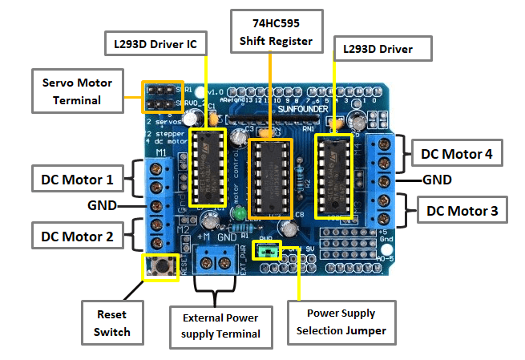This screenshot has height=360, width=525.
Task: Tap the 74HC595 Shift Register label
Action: pos(271,28)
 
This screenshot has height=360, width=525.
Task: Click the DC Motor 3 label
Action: pos(462,212)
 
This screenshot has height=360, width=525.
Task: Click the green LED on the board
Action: pos(239,214)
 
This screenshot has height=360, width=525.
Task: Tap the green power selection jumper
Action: pos(265,251)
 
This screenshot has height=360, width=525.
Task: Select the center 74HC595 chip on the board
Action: pos(271,178)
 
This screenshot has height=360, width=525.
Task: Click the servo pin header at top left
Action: pos(164,95)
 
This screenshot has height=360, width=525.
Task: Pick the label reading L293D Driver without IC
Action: pos(382,50)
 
